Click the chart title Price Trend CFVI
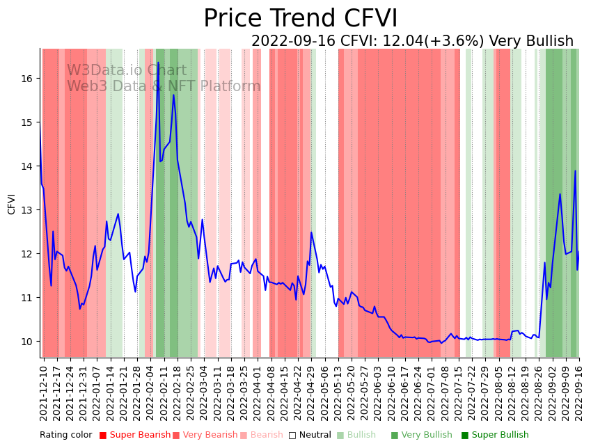click(x=301, y=19)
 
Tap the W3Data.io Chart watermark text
click(x=127, y=71)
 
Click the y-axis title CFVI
click(x=12, y=204)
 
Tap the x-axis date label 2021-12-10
click(x=43, y=392)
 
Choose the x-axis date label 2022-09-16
click(x=579, y=392)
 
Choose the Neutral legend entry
click(x=310, y=436)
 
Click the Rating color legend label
click(x=65, y=436)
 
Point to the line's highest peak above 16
click(x=158, y=63)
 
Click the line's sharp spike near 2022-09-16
click(x=575, y=170)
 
